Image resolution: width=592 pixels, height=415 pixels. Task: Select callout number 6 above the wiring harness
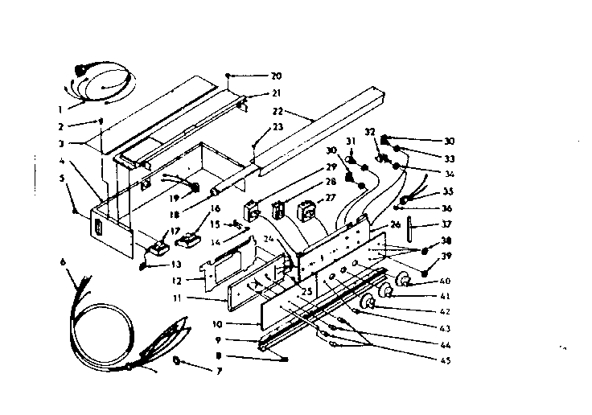point(62,263)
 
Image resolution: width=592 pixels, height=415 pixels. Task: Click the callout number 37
point(447,224)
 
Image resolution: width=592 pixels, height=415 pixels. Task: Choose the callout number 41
point(445,296)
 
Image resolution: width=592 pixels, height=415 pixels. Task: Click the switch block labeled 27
point(307,212)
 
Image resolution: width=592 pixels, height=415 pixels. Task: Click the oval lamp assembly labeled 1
point(105,82)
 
